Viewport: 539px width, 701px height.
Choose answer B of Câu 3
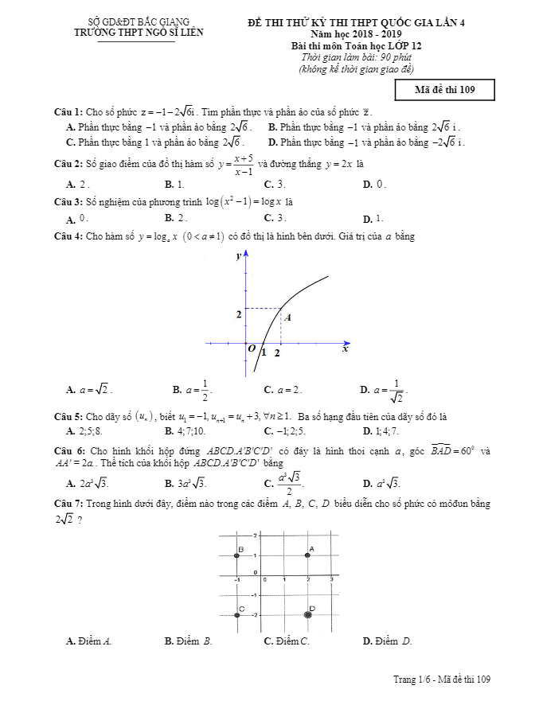176,218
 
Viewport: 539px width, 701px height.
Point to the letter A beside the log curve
287,317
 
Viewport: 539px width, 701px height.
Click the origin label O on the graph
252,349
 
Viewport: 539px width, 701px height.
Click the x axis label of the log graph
346,349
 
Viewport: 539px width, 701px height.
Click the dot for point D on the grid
308,614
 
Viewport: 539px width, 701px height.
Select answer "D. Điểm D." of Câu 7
387,641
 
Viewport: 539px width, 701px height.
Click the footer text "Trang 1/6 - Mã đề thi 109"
441,679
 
